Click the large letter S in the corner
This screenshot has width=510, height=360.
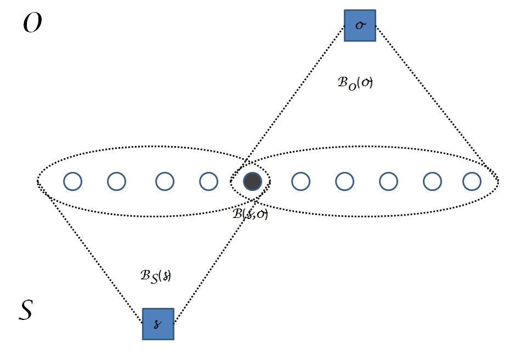(x=25, y=310)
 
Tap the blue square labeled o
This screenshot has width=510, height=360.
(x=360, y=25)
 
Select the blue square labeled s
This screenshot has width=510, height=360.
(x=158, y=324)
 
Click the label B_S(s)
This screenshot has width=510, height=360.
(x=156, y=275)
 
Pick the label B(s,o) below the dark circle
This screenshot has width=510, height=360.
(x=250, y=214)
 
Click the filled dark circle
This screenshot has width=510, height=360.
(x=252, y=181)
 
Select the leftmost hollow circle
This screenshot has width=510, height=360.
(x=72, y=181)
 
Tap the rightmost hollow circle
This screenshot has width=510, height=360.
(x=472, y=181)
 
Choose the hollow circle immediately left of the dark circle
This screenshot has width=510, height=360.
(x=208, y=181)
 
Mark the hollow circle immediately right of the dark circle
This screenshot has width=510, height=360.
(x=300, y=181)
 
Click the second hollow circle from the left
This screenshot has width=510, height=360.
(x=116, y=181)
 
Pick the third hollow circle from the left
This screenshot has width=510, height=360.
(x=165, y=181)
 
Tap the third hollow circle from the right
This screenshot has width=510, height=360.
(x=388, y=181)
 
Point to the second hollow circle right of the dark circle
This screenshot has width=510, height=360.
(x=344, y=181)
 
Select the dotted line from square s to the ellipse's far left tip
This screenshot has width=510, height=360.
(x=90, y=250)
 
